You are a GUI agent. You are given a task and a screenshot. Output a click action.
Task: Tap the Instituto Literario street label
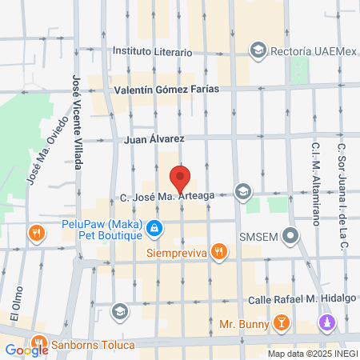point(152,51)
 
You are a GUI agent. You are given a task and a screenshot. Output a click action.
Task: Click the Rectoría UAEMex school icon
point(258,51)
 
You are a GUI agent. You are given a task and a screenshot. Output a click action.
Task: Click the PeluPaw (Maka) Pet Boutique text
point(102,230)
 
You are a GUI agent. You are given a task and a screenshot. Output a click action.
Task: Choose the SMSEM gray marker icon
point(291,237)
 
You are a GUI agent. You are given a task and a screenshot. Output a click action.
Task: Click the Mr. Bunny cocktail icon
point(281,324)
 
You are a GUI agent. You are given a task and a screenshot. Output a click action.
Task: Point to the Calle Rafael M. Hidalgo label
point(284,299)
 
